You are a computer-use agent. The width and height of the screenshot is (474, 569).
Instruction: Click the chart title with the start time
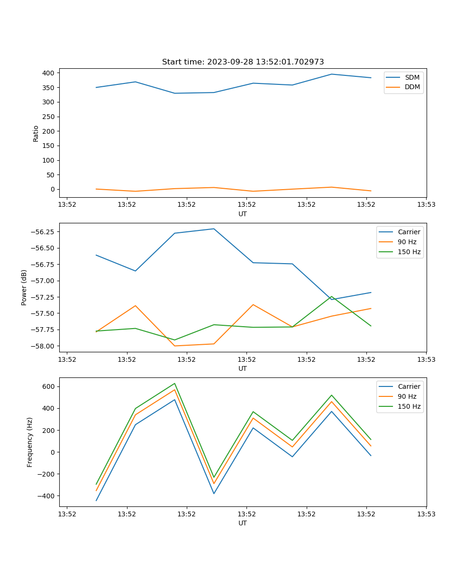click(x=243, y=62)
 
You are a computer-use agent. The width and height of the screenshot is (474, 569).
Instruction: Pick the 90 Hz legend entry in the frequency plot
click(x=407, y=396)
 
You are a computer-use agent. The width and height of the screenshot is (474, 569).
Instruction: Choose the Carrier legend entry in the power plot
click(x=409, y=232)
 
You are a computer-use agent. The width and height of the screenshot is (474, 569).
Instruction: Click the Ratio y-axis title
click(x=36, y=133)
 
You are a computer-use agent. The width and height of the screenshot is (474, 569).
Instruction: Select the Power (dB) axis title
click(x=24, y=287)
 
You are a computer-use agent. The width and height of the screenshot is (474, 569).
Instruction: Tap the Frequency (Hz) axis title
click(x=30, y=442)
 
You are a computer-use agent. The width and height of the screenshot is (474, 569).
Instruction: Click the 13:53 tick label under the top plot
click(x=426, y=205)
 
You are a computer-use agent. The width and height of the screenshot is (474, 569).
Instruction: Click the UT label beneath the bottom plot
click(x=243, y=523)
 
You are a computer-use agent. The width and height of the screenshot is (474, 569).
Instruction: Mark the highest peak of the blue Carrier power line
click(x=214, y=229)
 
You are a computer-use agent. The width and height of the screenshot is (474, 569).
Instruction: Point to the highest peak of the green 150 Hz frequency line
click(x=174, y=384)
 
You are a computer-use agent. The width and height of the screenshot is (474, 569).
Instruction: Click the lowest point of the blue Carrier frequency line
click(x=96, y=501)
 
